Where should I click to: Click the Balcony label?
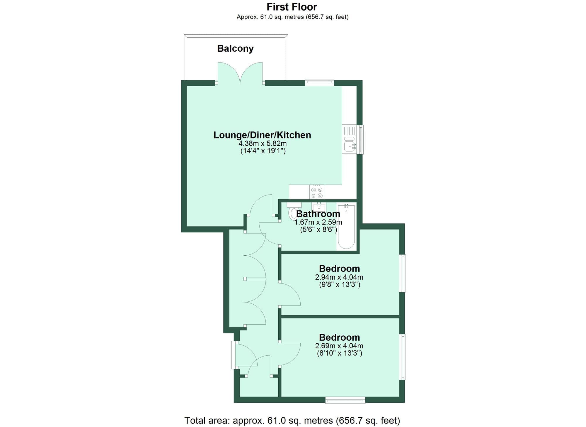[235, 48]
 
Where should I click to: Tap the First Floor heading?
[292, 7]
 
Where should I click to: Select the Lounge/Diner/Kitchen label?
[262, 135]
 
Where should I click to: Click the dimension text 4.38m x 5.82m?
[263, 144]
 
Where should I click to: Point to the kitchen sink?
[350, 146]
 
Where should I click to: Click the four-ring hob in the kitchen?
[317, 192]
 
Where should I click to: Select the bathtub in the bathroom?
[346, 227]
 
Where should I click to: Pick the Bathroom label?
[318, 214]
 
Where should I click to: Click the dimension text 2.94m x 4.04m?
[339, 277]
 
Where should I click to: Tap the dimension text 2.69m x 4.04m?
[339, 346]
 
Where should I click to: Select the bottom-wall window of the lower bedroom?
[345, 400]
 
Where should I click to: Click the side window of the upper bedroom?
[403, 273]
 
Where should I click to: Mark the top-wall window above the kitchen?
[319, 82]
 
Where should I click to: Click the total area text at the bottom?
[292, 421]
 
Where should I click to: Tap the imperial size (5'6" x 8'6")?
[318, 229]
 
